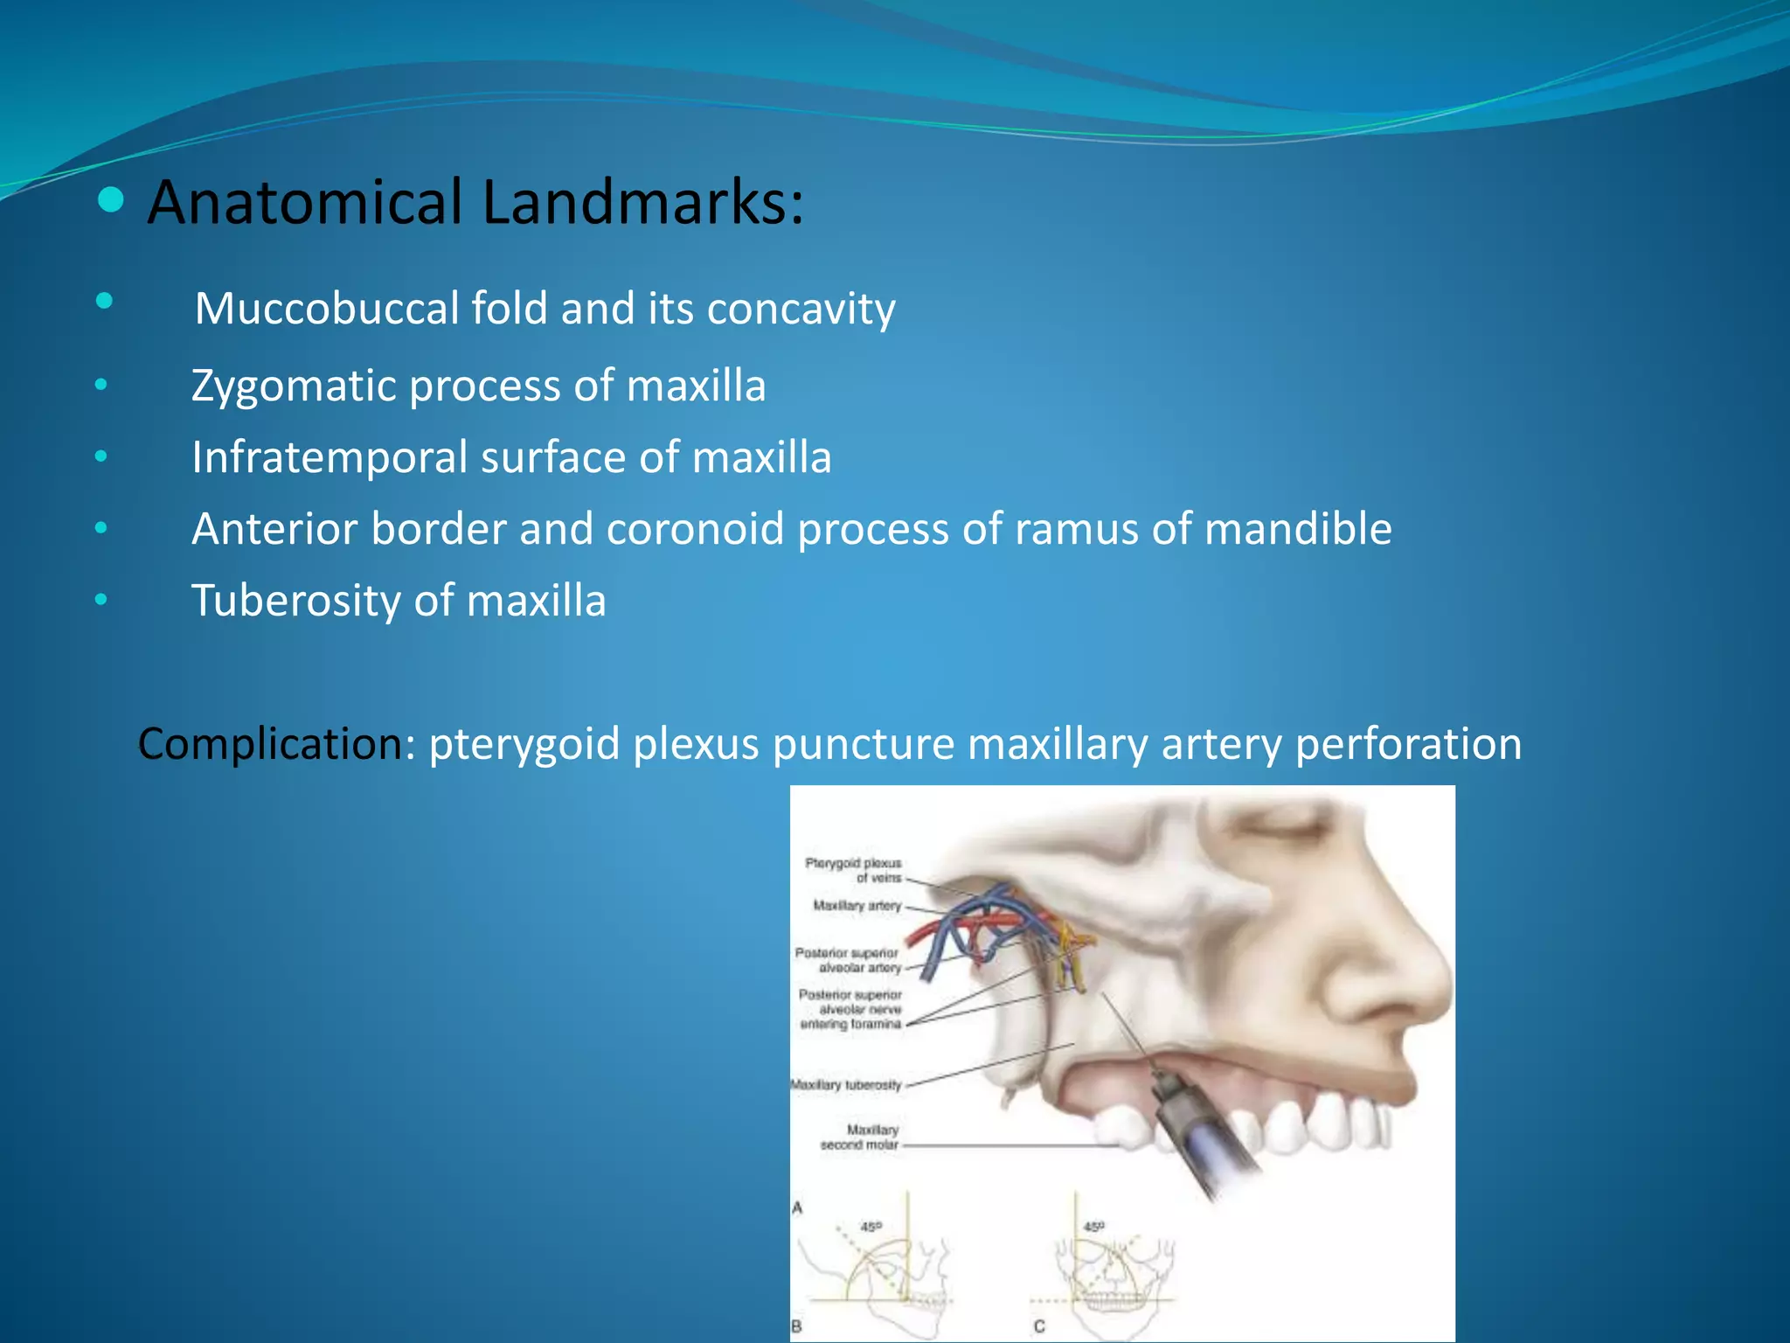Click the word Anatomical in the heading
[304, 203]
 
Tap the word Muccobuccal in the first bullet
[327, 309]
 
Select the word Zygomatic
[294, 386]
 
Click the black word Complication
[269, 744]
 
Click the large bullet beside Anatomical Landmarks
[111, 201]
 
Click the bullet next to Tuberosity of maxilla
[101, 600]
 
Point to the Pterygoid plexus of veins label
[853, 870]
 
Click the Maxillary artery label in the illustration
[857, 906]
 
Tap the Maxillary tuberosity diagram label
[846, 1085]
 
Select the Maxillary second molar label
[860, 1137]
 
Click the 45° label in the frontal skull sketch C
[1094, 1227]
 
